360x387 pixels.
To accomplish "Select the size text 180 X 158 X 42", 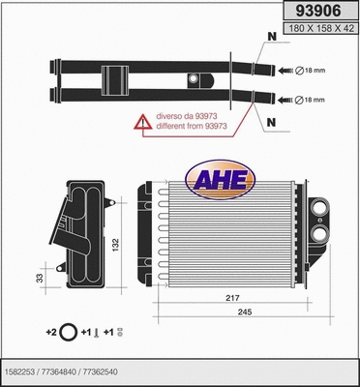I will point(320,31).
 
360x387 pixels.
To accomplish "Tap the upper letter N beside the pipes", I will point(269,38).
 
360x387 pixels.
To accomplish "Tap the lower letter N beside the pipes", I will point(269,123).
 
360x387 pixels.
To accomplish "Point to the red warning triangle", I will point(142,121).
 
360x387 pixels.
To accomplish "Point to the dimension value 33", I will point(39,279).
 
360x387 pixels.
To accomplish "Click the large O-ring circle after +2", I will point(69,332).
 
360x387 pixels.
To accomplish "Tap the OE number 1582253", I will point(21,370).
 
